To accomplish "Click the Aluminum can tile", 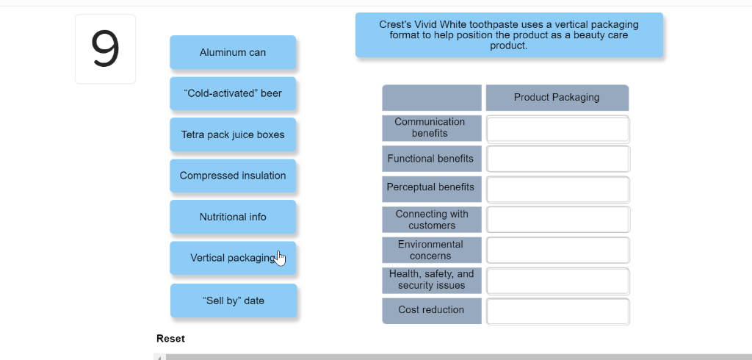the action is tap(233, 52).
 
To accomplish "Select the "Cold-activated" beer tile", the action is tap(233, 93).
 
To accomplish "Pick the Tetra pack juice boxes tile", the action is tap(233, 134).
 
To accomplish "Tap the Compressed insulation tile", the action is tap(233, 176).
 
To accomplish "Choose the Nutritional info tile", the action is tap(233, 217).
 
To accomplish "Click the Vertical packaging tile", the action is tap(233, 258).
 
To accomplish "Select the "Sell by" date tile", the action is tap(234, 300).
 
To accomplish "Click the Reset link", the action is tap(170, 339).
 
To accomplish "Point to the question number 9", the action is tap(105, 49).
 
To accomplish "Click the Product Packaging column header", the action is tap(557, 98).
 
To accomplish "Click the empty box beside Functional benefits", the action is tap(558, 159).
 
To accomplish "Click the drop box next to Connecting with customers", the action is tap(558, 220).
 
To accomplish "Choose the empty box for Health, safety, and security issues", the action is tap(558, 281).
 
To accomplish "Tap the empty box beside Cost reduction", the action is tap(558, 312).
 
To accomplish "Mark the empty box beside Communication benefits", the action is tap(558, 129).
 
